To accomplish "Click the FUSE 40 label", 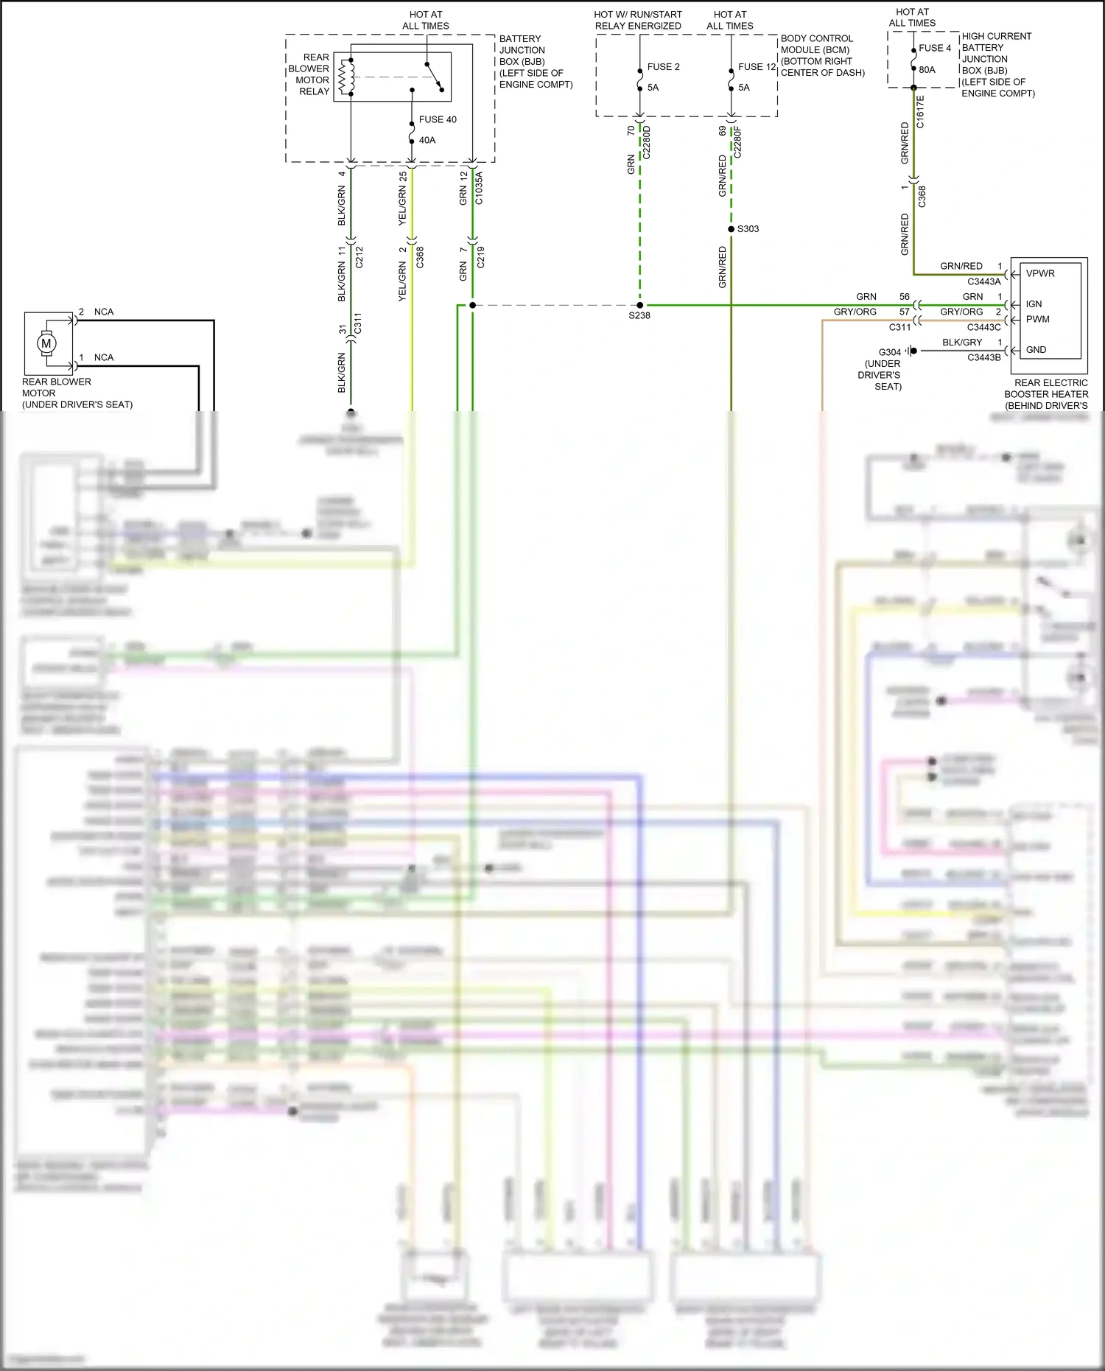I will tap(438, 119).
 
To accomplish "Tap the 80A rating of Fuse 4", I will tap(927, 70).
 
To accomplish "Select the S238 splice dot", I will tap(639, 305).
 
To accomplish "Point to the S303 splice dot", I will tap(731, 229).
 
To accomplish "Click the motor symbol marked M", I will tap(47, 343).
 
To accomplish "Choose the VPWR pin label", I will tap(1040, 273).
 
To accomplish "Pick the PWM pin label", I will tap(1037, 319).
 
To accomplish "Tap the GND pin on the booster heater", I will tap(1036, 350).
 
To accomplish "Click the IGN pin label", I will tap(1034, 304).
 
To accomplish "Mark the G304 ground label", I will tap(889, 352).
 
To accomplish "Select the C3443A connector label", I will tap(984, 281).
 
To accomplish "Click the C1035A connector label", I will tap(479, 188).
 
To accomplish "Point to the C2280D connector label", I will tap(647, 143).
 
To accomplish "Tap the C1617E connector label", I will tap(920, 112).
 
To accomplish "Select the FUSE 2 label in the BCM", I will tap(663, 67).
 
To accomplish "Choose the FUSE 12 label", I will tap(757, 67).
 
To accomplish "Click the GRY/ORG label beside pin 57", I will tap(855, 312).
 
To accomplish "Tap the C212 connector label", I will tap(359, 257).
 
